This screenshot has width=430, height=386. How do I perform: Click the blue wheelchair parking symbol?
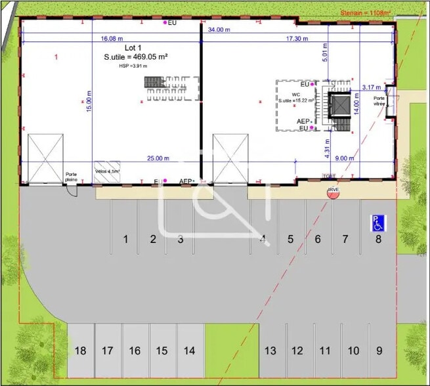click(x=379, y=223)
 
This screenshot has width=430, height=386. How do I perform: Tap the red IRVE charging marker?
click(x=333, y=191)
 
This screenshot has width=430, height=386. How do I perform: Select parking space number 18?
click(x=80, y=351)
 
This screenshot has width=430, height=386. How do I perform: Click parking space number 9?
click(x=379, y=351)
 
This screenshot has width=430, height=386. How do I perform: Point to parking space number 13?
click(x=269, y=351)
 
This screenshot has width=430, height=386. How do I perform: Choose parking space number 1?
click(x=125, y=239)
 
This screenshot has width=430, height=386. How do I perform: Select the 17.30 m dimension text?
click(x=297, y=39)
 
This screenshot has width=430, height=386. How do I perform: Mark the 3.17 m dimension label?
click(x=372, y=87)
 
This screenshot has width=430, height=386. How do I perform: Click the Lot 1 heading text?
click(x=134, y=49)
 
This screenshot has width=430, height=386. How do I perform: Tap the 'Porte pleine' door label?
click(x=71, y=177)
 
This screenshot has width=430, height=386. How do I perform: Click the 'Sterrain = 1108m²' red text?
click(x=365, y=12)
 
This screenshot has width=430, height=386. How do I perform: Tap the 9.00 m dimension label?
click(x=345, y=158)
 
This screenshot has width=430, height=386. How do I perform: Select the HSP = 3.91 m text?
click(x=133, y=66)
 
